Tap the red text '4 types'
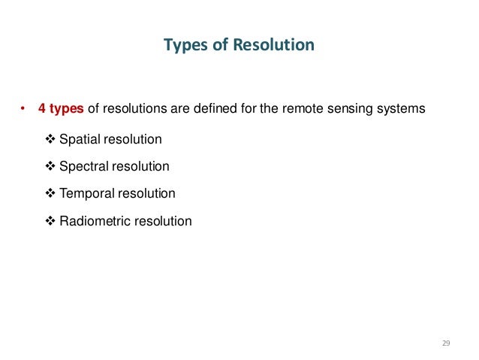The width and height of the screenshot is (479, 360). (x=62, y=109)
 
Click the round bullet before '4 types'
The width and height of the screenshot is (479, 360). (x=23, y=109)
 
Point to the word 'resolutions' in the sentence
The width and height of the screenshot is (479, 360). (x=133, y=109)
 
